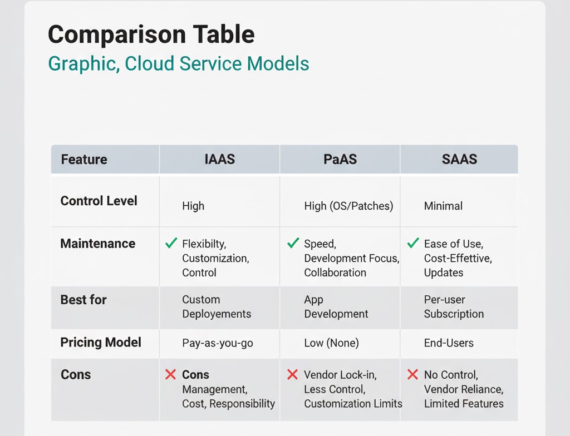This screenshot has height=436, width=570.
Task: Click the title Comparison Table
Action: pyautogui.click(x=151, y=34)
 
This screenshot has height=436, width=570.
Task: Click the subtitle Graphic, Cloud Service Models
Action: pyautogui.click(x=178, y=63)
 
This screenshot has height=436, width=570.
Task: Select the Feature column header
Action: pyautogui.click(x=84, y=160)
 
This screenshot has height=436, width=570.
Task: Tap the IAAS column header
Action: pyautogui.click(x=219, y=160)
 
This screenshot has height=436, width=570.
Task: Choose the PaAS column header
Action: pyautogui.click(x=340, y=160)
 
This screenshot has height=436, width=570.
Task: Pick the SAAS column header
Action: pyautogui.click(x=459, y=160)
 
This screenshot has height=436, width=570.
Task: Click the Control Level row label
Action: pyautogui.click(x=99, y=201)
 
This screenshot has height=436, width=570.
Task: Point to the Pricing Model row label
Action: pyautogui.click(x=101, y=342)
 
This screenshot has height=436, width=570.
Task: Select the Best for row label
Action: pyautogui.click(x=83, y=300)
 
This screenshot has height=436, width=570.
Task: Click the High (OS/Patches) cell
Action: pyautogui.click(x=348, y=206)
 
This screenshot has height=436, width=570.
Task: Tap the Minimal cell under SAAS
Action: pyautogui.click(x=443, y=206)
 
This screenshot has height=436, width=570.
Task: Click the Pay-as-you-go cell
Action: pyautogui.click(x=218, y=343)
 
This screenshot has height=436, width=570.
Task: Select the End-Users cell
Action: pyautogui.click(x=449, y=343)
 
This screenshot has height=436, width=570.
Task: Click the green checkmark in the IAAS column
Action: pyautogui.click(x=171, y=243)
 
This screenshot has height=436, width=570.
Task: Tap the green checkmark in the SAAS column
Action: pyautogui.click(x=412, y=243)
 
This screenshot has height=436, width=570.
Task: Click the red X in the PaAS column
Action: pyautogui.click(x=292, y=375)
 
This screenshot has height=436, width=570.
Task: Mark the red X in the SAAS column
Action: pyautogui.click(x=412, y=375)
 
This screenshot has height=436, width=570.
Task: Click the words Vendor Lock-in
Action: pyautogui.click(x=340, y=375)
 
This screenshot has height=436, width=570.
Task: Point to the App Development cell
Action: pyautogui.click(x=336, y=307)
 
